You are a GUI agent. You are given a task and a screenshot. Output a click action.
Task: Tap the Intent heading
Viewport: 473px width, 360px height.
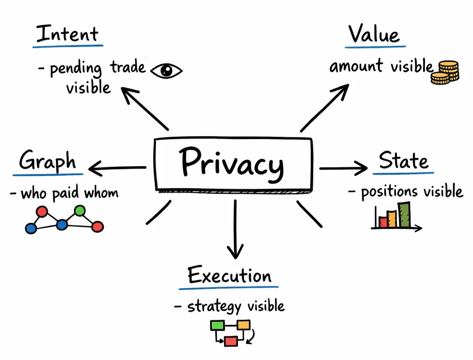[67, 34]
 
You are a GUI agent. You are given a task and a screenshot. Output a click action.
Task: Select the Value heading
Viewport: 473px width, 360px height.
[374, 34]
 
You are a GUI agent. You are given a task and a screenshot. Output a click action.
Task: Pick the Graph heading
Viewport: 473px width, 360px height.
[48, 162]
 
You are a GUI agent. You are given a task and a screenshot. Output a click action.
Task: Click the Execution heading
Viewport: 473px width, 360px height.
[230, 276]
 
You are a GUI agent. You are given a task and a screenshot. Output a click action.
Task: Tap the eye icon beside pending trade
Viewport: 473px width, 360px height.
[166, 71]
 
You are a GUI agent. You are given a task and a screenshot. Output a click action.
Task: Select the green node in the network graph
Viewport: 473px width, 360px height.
[80, 211]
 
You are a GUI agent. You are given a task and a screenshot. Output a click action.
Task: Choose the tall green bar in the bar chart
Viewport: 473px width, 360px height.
[404, 215]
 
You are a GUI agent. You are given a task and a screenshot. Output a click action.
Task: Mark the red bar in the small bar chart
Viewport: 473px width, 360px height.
[383, 222]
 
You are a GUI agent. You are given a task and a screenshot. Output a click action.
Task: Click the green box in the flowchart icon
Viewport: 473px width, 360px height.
[217, 325]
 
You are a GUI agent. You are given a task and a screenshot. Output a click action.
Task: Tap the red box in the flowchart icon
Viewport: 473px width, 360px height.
[230, 341]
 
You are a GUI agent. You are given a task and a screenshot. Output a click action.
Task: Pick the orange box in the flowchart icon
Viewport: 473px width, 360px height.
[244, 325]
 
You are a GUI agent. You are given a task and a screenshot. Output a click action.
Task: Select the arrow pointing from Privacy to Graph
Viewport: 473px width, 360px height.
[118, 168]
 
